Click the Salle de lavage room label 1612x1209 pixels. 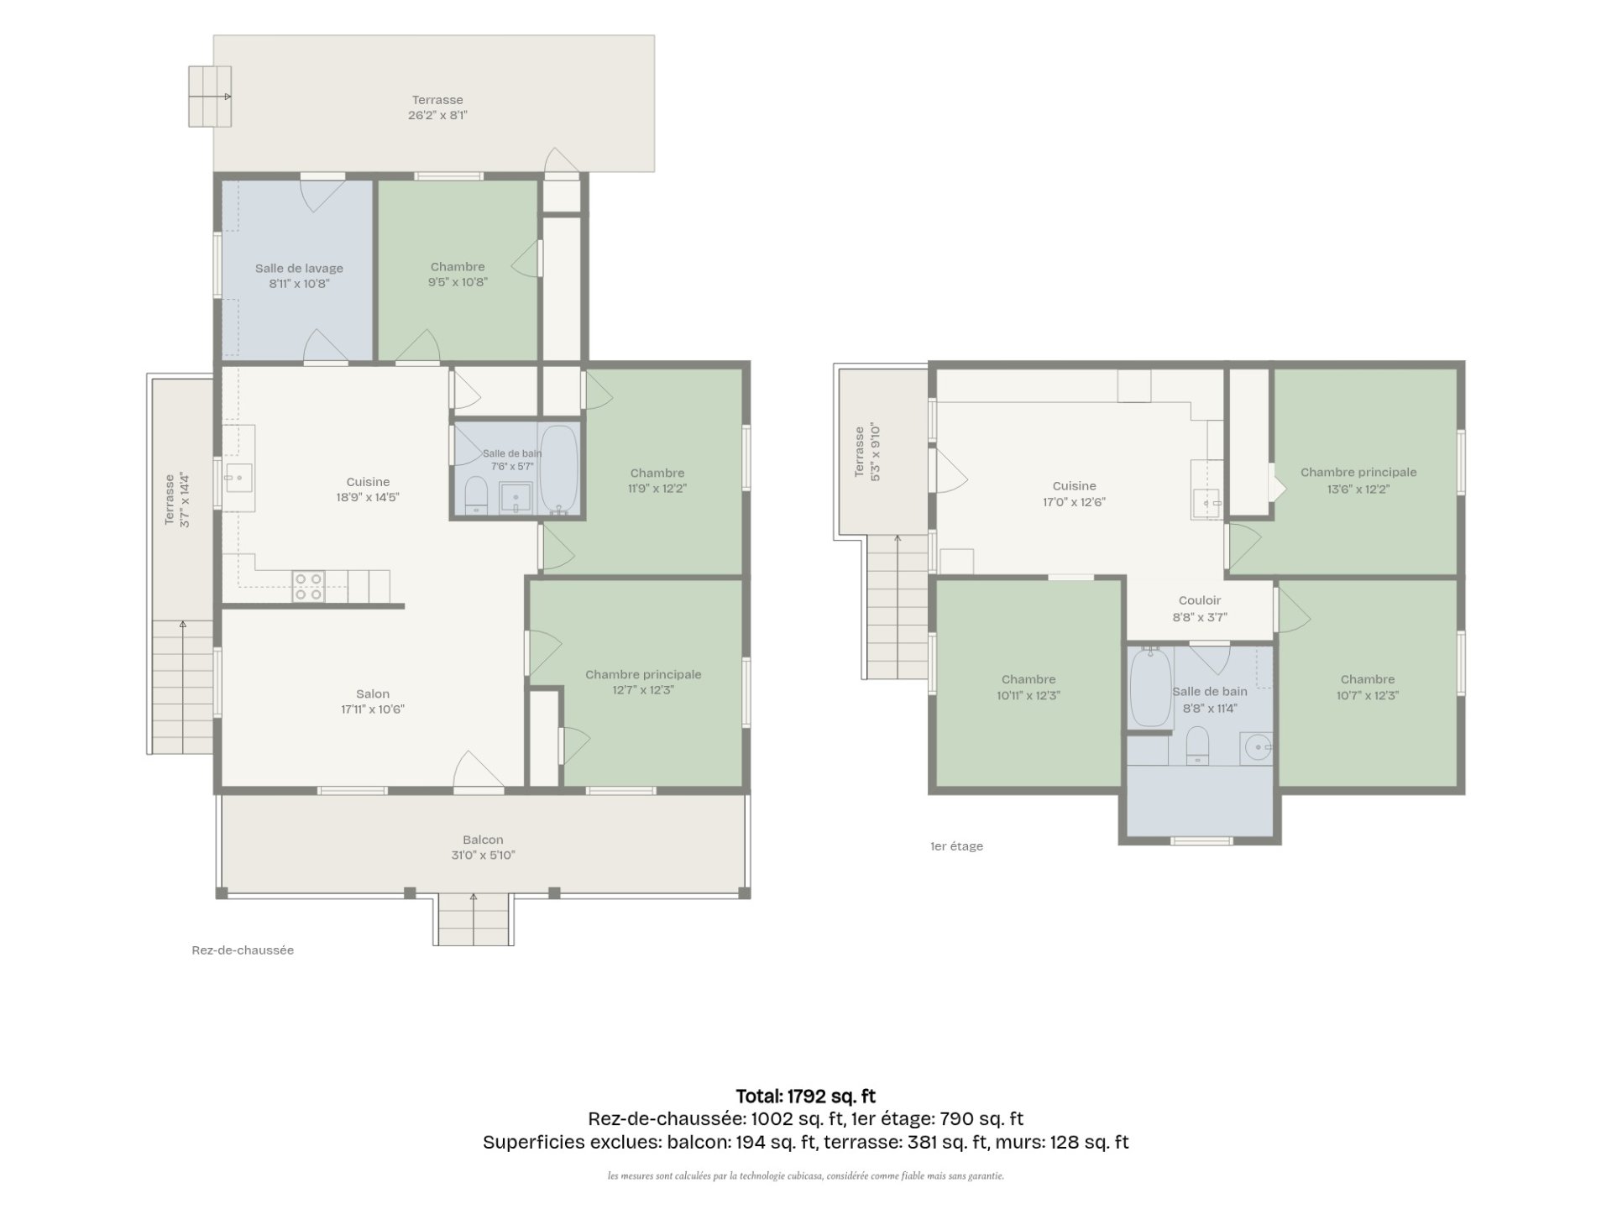click(299, 269)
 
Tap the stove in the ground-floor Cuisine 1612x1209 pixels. click(308, 586)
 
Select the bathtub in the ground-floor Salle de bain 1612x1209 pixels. click(558, 469)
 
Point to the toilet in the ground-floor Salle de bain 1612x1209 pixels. click(476, 495)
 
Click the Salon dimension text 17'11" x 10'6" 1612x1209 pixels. click(373, 709)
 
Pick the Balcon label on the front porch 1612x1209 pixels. click(483, 840)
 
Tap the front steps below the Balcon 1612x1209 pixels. click(474, 920)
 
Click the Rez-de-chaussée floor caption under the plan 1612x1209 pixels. click(243, 950)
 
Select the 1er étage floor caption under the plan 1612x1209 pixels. click(956, 846)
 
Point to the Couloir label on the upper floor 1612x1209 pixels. click(1200, 601)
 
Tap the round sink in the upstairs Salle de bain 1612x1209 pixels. click(1257, 747)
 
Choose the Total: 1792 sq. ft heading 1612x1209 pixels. click(806, 1096)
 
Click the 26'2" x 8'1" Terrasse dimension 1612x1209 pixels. click(437, 115)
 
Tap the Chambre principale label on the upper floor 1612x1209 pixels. click(1358, 473)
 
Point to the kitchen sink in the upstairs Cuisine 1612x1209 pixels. click(1206, 503)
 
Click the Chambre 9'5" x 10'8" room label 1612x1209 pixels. click(458, 267)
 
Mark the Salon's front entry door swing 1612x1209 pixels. click(479, 770)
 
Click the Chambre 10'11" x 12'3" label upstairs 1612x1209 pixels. click(1028, 680)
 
